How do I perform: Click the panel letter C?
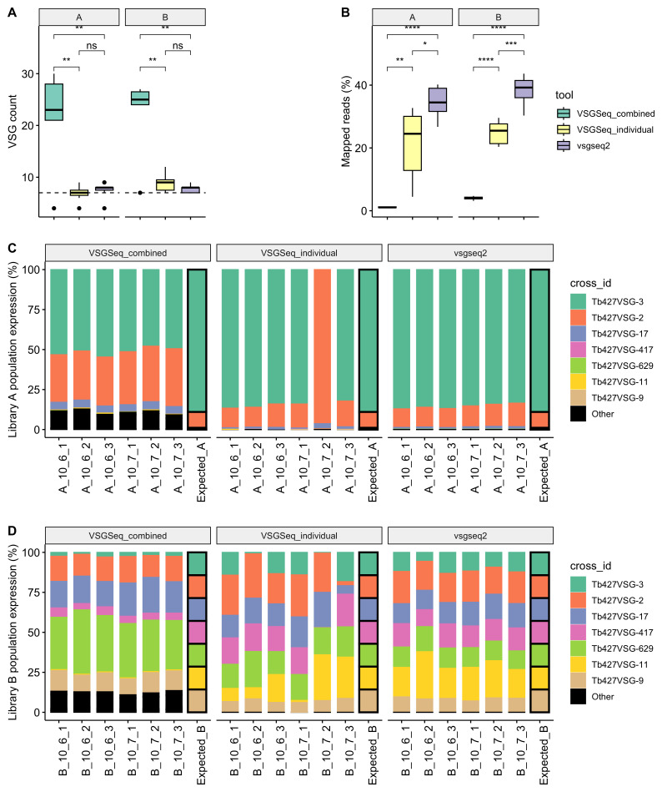[13, 248]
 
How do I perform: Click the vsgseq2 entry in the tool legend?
[594, 146]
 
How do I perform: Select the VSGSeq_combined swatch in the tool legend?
[564, 114]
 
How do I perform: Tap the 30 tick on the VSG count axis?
[28, 73]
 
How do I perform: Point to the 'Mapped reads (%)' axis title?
[346, 121]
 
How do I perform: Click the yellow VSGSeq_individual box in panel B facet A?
[412, 144]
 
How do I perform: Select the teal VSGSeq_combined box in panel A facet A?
[54, 102]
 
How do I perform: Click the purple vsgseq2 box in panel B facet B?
[524, 89]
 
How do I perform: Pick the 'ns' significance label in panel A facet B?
[178, 45]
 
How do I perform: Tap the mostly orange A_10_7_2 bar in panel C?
[323, 349]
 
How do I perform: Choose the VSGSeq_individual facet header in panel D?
[299, 536]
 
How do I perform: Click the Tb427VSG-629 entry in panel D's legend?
[622, 648]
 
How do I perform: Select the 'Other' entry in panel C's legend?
[603, 414]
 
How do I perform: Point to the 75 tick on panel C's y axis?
[34, 310]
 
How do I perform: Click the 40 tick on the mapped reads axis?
[361, 85]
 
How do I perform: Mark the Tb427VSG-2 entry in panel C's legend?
[618, 318]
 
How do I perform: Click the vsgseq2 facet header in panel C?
[470, 253]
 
